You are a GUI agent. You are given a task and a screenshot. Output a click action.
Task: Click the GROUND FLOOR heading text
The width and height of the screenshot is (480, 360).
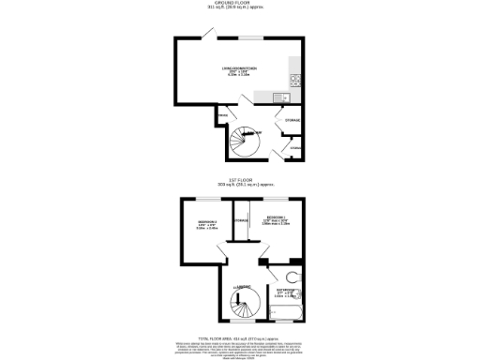point(240,4)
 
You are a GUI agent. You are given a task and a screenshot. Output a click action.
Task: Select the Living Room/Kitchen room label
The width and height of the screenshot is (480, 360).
point(232,69)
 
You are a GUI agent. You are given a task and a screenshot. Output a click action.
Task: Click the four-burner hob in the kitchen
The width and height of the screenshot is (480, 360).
point(295,79)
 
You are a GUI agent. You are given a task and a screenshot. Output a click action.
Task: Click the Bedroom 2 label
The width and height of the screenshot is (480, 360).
point(207,223)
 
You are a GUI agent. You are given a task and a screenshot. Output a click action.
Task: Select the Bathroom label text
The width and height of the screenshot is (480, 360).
point(282,292)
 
